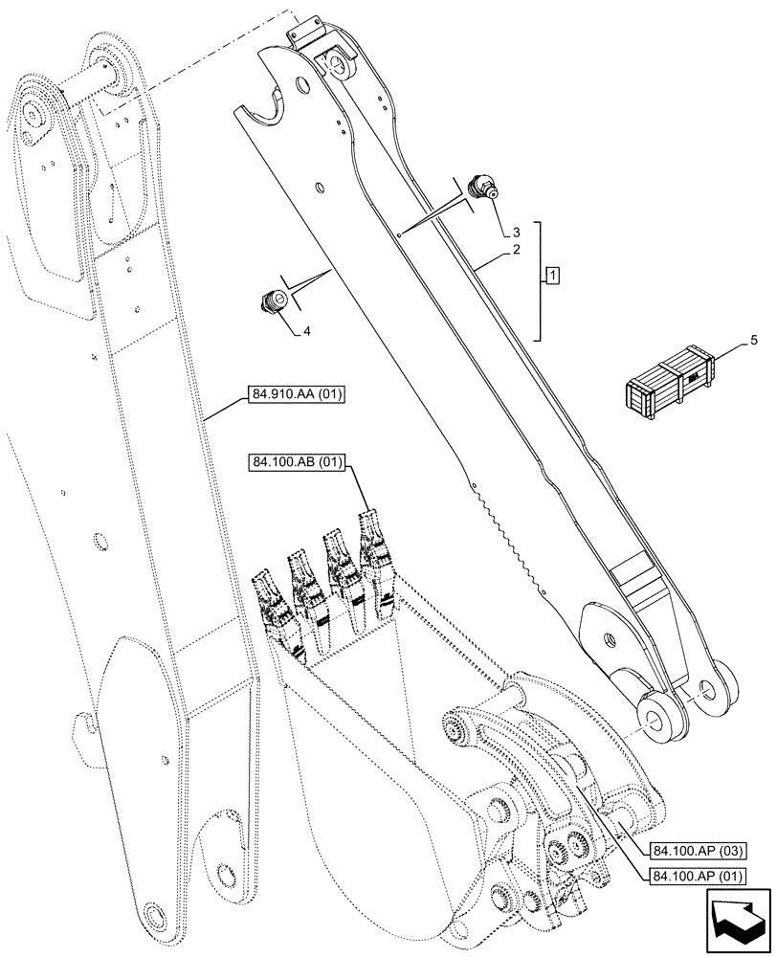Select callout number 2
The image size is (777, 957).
pyautogui.click(x=516, y=250)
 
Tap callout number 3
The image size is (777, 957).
pyautogui.click(x=516, y=232)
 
